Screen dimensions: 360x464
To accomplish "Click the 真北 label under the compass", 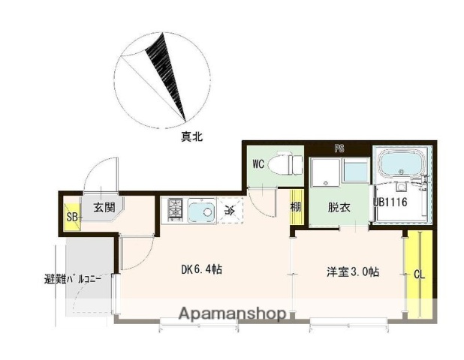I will click(x=191, y=137).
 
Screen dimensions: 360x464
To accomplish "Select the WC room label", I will click(x=258, y=163).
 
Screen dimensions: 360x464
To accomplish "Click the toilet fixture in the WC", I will click(x=290, y=163).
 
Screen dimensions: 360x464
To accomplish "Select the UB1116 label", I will click(x=390, y=202).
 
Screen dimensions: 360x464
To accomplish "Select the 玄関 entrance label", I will click(x=104, y=208).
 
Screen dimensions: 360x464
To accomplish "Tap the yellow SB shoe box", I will click(x=72, y=217).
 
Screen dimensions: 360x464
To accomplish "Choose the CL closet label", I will click(x=420, y=274).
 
